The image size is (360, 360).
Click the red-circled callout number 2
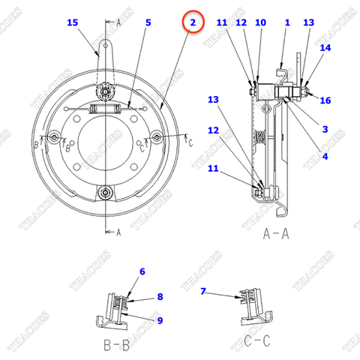click(193, 23)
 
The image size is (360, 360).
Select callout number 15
click(72, 23)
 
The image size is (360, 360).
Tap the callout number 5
click(148, 23)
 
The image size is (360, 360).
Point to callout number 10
click(260, 23)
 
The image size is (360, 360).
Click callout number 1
click(286, 23)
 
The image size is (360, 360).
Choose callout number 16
click(325, 100)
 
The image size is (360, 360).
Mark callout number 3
click(325, 129)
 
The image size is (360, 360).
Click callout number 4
click(325, 156)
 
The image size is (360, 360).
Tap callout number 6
click(142, 271)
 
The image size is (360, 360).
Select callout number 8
click(159, 297)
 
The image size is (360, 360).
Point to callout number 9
click(159, 320)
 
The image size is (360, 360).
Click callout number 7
click(203, 290)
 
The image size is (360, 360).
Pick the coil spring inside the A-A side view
click(259, 137)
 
